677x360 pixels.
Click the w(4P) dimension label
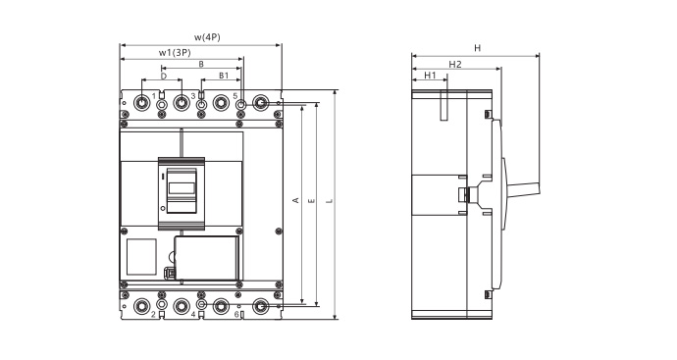click(x=207, y=37)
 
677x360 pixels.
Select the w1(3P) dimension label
click(x=175, y=53)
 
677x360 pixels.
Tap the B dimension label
click(x=201, y=64)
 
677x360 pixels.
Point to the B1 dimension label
click(x=224, y=76)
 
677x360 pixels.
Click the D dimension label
click(x=164, y=76)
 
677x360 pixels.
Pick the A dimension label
click(x=295, y=200)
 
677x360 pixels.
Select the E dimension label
click(x=311, y=201)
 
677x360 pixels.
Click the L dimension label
click(x=330, y=201)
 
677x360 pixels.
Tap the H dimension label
click(x=477, y=48)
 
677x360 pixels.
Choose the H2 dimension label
click(x=455, y=65)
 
